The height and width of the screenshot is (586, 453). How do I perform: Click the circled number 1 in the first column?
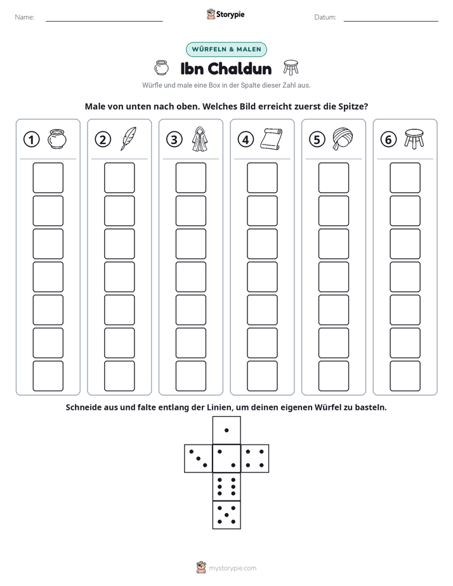[31, 140]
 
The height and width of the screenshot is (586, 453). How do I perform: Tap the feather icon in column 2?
[128, 139]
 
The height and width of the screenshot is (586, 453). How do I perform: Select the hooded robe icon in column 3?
[200, 139]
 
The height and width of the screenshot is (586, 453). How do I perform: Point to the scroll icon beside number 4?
[272, 139]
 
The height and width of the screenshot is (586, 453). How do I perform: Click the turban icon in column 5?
[343, 139]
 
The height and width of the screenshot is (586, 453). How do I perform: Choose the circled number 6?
[388, 140]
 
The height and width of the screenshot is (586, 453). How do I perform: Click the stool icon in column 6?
[414, 139]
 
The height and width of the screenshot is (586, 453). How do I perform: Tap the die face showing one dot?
[226, 431]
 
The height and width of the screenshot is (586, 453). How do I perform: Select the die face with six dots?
[226, 486]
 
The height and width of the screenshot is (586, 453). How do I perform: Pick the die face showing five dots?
[226, 514]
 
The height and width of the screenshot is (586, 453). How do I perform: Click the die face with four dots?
[255, 459]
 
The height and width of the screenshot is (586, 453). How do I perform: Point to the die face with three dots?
[199, 459]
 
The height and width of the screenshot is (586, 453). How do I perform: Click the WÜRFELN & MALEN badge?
[226, 49]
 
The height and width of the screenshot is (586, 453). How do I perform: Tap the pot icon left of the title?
[162, 68]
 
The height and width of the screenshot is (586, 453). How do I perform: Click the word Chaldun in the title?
[239, 68]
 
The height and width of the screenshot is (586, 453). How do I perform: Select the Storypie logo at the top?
[225, 14]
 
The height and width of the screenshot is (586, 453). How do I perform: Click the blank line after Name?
[104, 21]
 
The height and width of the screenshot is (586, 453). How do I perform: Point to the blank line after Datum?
[391, 21]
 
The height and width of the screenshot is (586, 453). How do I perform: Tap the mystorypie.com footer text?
[232, 568]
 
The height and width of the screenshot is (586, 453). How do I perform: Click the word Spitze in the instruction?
[353, 107]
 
